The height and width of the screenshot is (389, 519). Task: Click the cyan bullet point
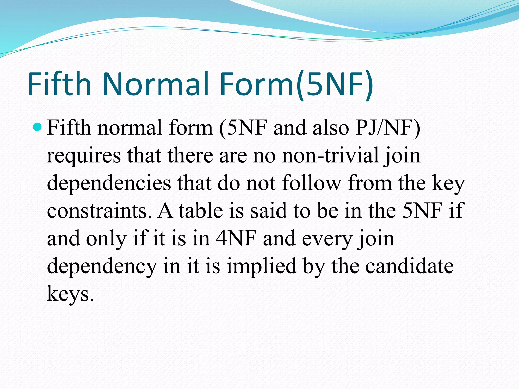[x=38, y=127]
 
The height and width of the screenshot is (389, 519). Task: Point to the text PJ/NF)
[x=388, y=128]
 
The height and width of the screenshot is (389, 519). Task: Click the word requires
[x=84, y=156]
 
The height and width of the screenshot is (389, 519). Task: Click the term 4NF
[x=236, y=238]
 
